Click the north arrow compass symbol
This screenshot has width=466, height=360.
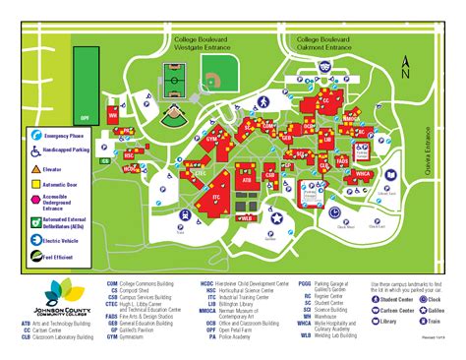coord(405,69)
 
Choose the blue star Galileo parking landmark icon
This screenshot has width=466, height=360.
coord(278,217)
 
